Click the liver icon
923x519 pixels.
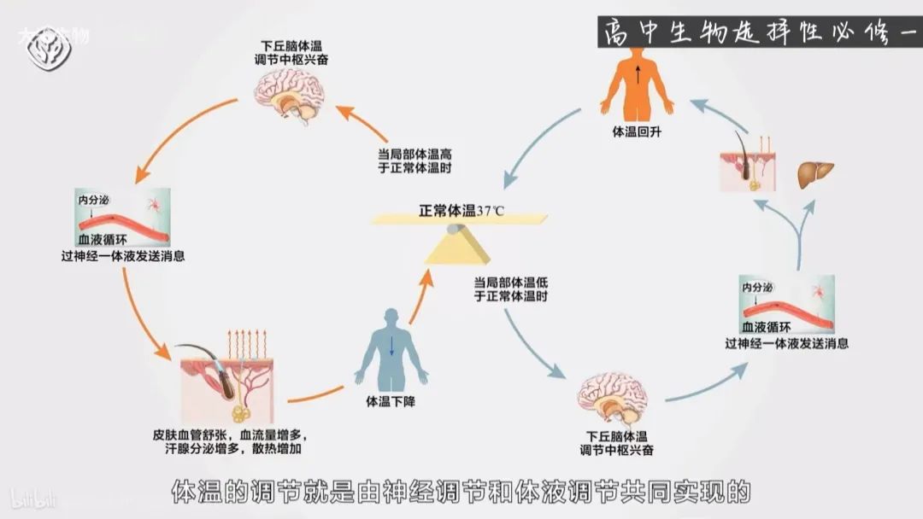click(x=809, y=174)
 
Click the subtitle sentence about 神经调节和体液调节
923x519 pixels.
click(x=461, y=492)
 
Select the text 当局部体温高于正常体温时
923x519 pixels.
click(x=414, y=160)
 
